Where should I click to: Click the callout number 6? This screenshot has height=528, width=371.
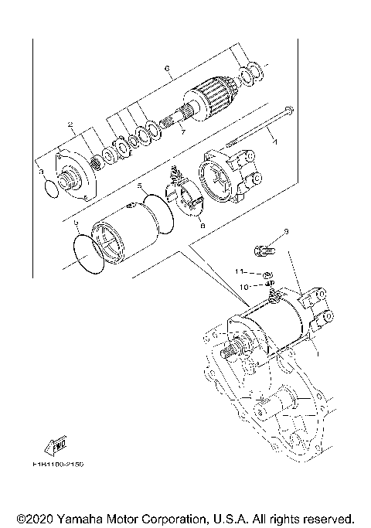tap(167, 68)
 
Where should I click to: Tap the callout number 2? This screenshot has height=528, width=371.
tap(70, 124)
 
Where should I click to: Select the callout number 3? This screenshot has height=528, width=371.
tap(42, 162)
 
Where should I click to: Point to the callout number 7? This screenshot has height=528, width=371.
tap(182, 132)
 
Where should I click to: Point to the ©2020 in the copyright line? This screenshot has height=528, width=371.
tap(34, 518)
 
